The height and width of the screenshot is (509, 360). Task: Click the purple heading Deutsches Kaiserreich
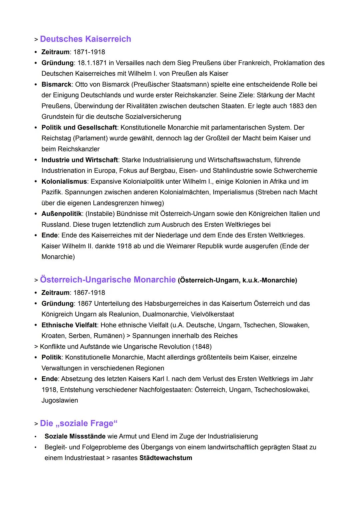coord(85,39)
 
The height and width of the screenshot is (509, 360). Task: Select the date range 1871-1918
coord(89,52)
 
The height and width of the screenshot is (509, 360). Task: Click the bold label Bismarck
coord(56,84)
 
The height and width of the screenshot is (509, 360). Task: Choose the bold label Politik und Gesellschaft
coord(79,127)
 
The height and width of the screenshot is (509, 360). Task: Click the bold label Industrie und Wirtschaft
coord(80,160)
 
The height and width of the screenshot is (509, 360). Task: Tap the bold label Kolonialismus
coord(64,181)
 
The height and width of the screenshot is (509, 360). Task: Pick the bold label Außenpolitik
coord(62,214)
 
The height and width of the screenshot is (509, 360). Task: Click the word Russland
coord(55,224)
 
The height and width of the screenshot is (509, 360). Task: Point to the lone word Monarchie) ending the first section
coord(58,257)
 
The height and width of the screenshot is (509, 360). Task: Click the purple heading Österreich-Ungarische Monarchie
coord(108,279)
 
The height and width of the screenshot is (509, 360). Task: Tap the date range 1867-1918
coord(89,293)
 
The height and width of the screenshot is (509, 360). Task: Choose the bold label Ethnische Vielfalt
coord(69,325)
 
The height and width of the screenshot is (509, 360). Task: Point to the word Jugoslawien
coord(60,400)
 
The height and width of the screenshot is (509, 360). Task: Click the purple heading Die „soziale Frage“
coord(79,423)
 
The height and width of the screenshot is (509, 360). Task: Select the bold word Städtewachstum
coord(166,458)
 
